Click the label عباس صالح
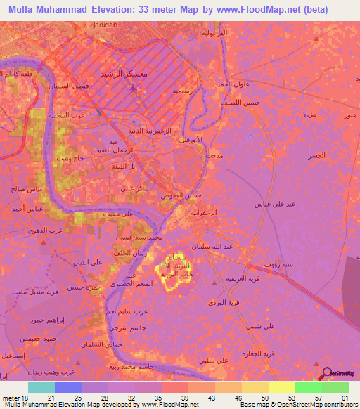[15, 190]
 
